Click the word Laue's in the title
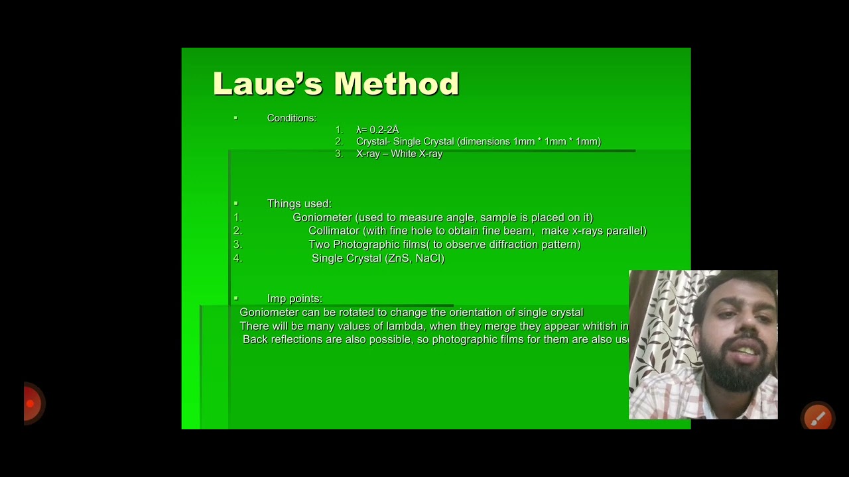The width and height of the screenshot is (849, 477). pyautogui.click(x=267, y=84)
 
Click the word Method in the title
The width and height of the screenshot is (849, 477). pyautogui.click(x=396, y=84)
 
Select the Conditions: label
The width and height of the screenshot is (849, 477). pyautogui.click(x=291, y=118)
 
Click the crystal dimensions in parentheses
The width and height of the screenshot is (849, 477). pyautogui.click(x=529, y=142)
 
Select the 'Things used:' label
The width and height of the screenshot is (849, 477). pyautogui.click(x=299, y=203)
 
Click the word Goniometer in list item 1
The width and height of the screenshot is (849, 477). pyautogui.click(x=322, y=217)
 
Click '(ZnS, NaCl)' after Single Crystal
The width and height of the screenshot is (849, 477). pyautogui.click(x=415, y=258)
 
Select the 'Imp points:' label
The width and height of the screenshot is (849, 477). pyautogui.click(x=294, y=299)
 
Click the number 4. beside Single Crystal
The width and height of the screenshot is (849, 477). pyautogui.click(x=237, y=258)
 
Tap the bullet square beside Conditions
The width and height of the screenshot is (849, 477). pyautogui.click(x=235, y=118)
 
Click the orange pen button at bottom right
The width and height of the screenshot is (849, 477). pyautogui.click(x=818, y=417)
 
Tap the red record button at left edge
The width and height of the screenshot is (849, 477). pyautogui.click(x=31, y=403)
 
